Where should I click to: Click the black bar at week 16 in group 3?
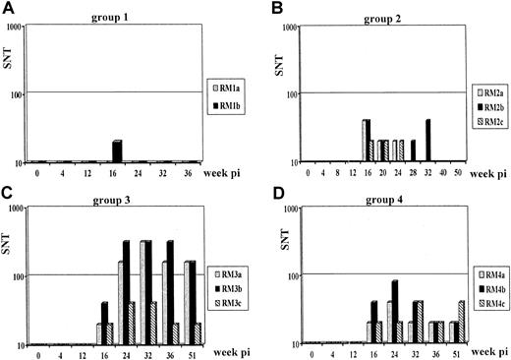[105, 324]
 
